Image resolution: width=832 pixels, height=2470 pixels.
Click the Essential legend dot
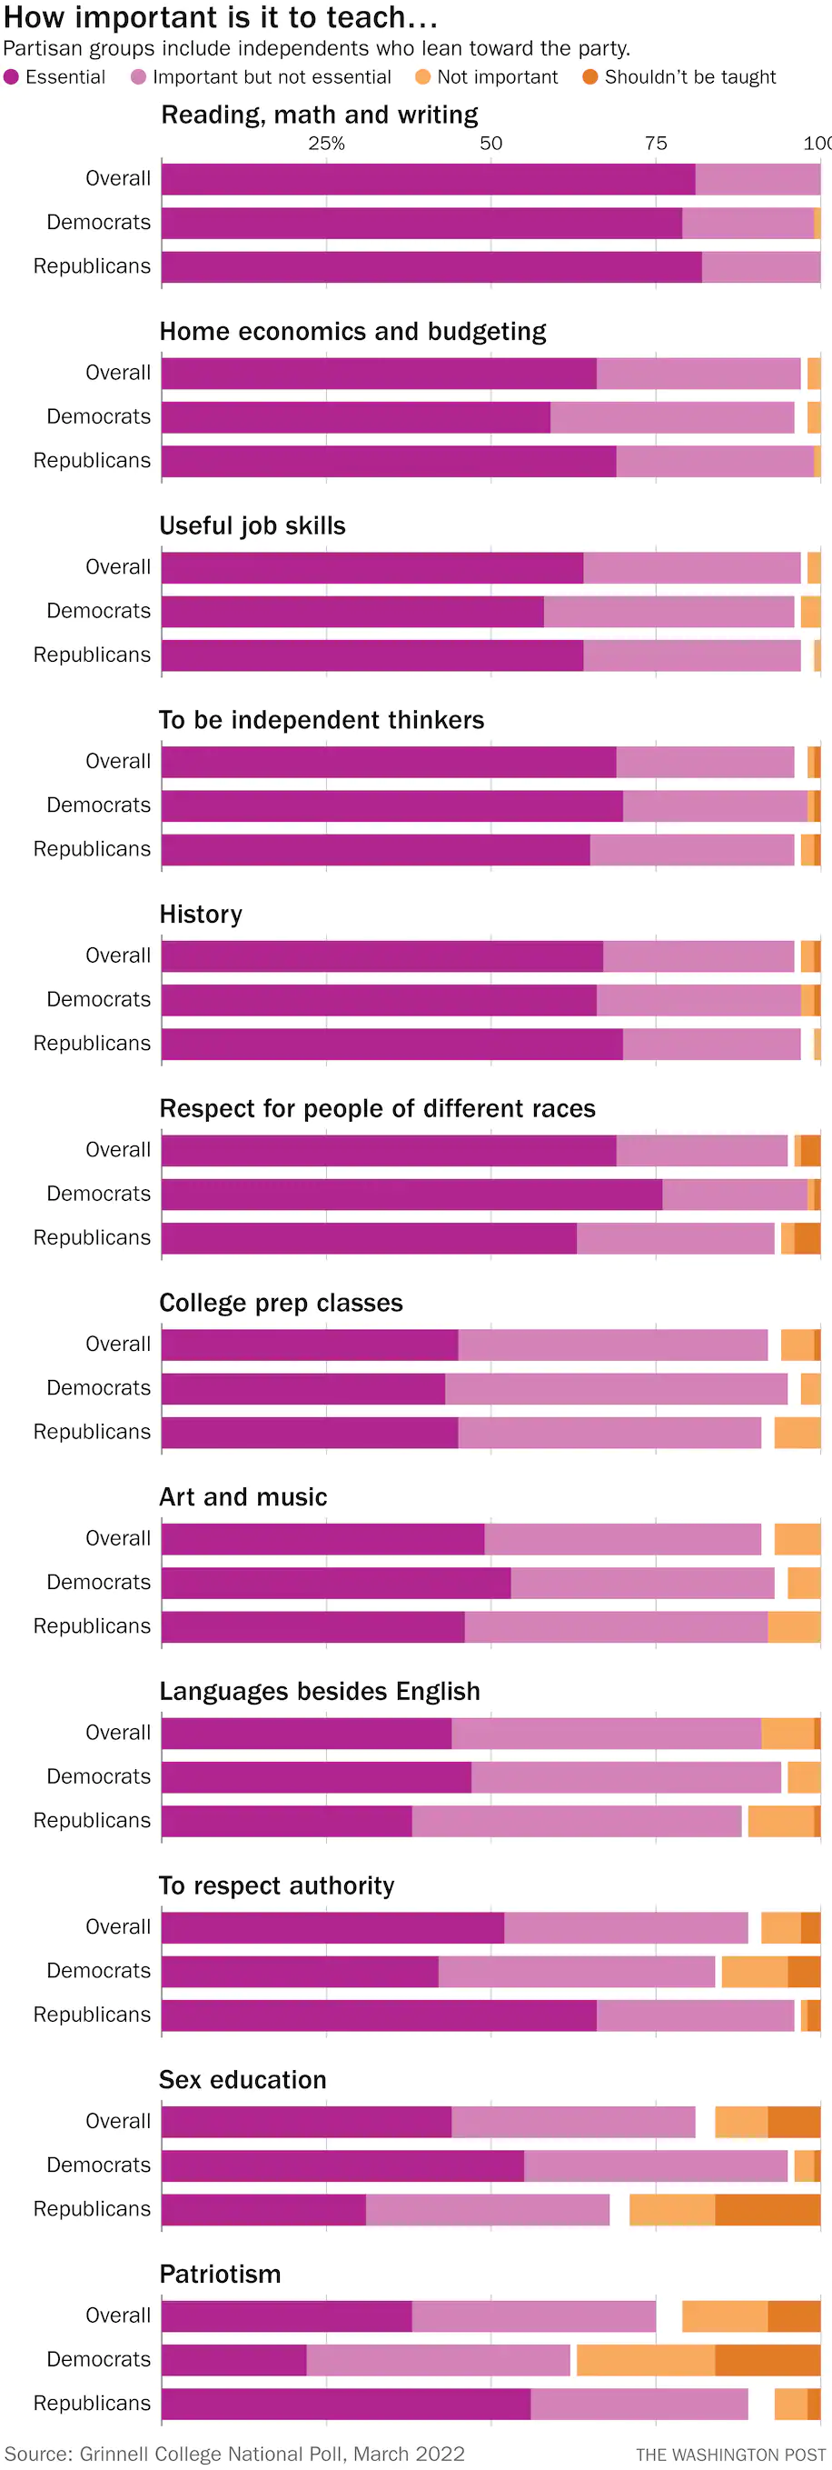pos(12,76)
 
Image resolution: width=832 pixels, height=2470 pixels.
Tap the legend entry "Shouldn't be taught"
pos(679,76)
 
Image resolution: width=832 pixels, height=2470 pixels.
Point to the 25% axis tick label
pos(326,143)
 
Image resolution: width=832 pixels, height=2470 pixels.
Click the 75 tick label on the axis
pos(656,143)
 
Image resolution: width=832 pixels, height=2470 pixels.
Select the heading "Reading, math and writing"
pos(319,115)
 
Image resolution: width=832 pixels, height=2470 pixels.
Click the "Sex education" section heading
pos(243,2080)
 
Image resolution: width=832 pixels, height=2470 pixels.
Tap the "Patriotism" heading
pos(220,2274)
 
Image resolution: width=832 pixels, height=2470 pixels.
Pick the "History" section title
pos(201,914)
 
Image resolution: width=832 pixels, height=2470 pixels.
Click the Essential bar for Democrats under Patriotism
pos(233,2359)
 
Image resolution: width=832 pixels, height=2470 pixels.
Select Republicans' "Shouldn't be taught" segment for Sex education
pos(767,2209)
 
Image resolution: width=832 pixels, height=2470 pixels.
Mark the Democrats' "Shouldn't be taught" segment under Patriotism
pos(767,2359)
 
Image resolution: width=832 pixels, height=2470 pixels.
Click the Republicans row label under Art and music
pos(92,1626)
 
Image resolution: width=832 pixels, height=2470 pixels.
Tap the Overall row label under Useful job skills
pos(118,566)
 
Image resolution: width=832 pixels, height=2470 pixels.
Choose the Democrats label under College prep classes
pos(99,1387)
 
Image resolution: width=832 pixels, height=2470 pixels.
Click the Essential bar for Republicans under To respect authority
pos(379,2015)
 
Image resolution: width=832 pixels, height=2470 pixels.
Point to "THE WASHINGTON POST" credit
pos(730,2455)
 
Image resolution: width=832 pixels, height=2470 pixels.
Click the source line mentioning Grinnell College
pos(235,2454)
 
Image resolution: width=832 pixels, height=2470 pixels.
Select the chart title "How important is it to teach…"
pos(221,17)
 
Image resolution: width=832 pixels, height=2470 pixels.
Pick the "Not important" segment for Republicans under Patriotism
pos(790,2403)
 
